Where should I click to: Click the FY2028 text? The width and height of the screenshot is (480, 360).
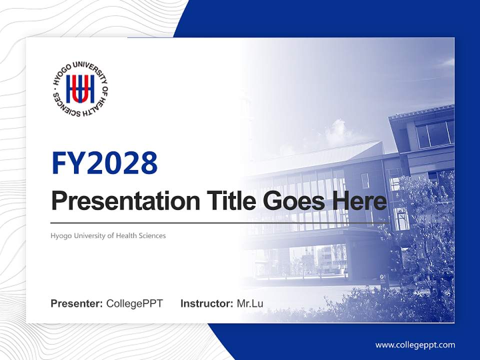[x=104, y=162]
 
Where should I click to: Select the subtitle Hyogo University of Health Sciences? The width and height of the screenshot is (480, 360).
[x=108, y=235]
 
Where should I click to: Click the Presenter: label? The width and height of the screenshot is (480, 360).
[x=77, y=303]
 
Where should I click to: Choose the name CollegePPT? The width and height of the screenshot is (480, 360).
[x=134, y=303]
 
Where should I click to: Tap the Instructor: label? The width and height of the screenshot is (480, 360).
[x=206, y=303]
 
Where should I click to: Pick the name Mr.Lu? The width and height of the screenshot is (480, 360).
[x=250, y=303]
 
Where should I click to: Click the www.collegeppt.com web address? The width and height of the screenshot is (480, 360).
[x=415, y=345]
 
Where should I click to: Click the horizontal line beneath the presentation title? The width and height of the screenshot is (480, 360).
[x=220, y=223]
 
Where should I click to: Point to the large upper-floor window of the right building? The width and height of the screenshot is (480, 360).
[x=434, y=134]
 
